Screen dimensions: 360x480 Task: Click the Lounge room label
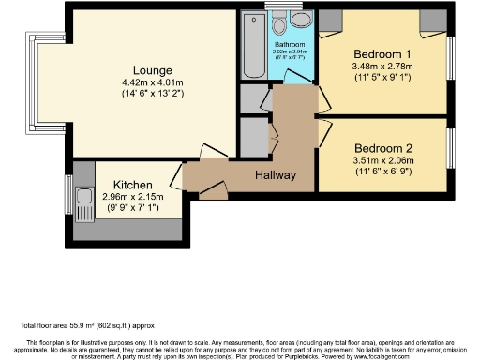tap(151, 71)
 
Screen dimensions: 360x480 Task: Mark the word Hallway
tap(276, 175)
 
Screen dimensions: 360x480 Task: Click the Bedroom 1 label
tap(383, 53)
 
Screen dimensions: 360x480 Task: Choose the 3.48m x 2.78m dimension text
tap(383, 67)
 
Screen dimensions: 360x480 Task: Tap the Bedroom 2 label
tap(383, 148)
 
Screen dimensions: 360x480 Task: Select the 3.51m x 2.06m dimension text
tap(383, 161)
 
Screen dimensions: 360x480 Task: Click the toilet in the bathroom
tap(301, 21)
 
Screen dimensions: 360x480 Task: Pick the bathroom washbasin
tap(278, 22)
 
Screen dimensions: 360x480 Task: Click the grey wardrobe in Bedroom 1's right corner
tap(434, 21)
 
